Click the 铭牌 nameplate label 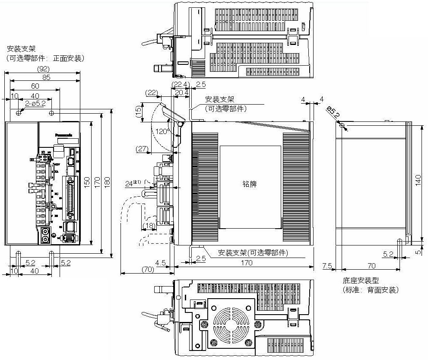click(x=250, y=184)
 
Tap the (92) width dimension click(x=44, y=69)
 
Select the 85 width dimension click(x=46, y=77)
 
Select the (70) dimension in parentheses click(x=148, y=269)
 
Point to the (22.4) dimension click(x=180, y=84)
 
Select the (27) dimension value click(x=142, y=149)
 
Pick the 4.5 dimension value click(x=161, y=262)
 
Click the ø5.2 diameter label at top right click(x=333, y=113)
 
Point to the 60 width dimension click(x=35, y=86)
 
